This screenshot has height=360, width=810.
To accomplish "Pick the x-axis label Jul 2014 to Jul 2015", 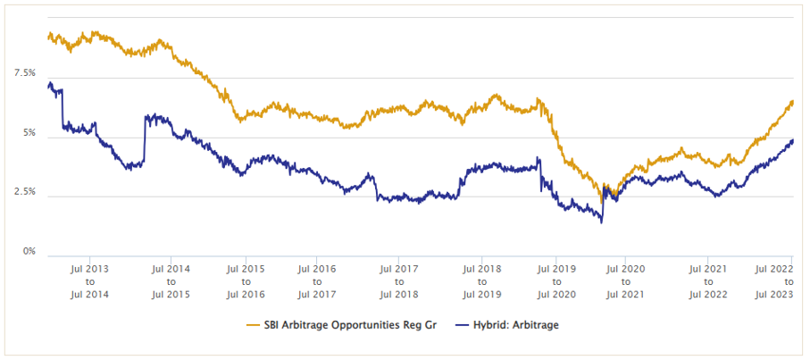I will [x=171, y=280].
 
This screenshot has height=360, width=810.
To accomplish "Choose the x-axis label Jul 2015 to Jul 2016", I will [x=245, y=280].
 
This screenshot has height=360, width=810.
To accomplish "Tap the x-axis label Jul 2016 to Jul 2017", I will [x=317, y=280].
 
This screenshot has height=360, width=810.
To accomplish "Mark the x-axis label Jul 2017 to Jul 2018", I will [x=399, y=280].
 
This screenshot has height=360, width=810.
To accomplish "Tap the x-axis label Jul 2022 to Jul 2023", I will [x=774, y=280].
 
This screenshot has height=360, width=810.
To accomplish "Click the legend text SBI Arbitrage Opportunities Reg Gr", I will [x=350, y=324].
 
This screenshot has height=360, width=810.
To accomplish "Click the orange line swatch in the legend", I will [x=255, y=324].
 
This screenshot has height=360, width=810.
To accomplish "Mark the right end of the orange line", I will [x=793, y=101].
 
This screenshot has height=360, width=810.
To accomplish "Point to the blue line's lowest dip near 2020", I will [x=601, y=222].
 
